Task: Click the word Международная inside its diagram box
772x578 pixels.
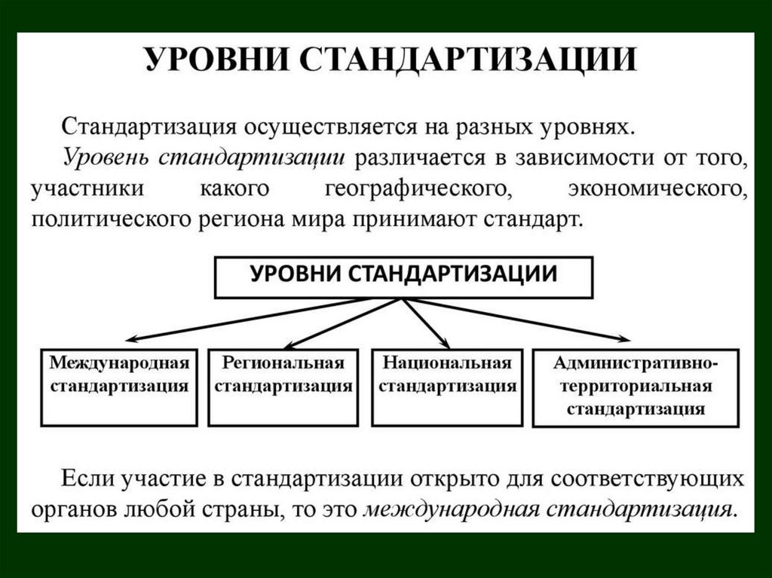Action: click(x=118, y=363)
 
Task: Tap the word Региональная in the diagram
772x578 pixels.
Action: click(x=284, y=363)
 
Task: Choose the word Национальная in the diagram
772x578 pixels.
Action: click(x=448, y=363)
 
